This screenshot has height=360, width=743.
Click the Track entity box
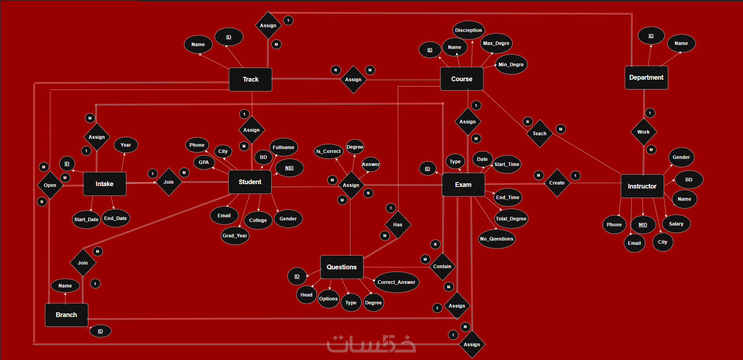[250, 79]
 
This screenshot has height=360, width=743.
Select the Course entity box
[462, 79]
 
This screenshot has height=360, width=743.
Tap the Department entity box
[646, 78]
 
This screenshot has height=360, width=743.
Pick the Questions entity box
[342, 267]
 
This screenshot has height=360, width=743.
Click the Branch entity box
[66, 315]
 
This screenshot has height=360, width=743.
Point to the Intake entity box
[105, 184]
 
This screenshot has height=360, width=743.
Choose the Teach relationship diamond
[540, 134]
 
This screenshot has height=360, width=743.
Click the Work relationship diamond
[644, 132]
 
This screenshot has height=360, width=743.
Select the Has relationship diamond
[398, 225]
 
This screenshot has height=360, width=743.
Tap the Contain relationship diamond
[442, 267]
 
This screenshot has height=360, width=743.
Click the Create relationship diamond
[557, 183]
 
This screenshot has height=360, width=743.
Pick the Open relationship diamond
[50, 185]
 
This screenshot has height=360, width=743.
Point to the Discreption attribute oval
[469, 30]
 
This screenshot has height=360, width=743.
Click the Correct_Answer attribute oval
[396, 282]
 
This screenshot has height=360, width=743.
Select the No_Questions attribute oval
[497, 239]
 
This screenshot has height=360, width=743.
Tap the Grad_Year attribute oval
[235, 236]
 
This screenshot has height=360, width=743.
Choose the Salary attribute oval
[676, 224]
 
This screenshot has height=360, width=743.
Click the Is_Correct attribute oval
[329, 151]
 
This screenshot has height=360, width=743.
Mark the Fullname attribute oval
[284, 147]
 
